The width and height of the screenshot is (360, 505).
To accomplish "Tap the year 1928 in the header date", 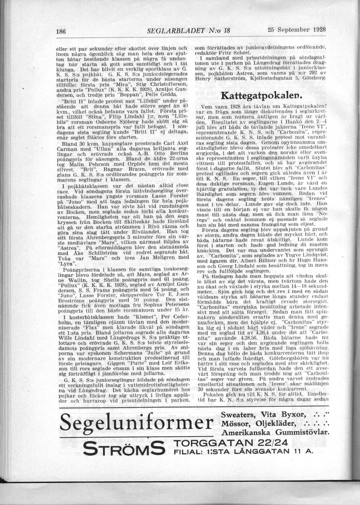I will click(x=317, y=29).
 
